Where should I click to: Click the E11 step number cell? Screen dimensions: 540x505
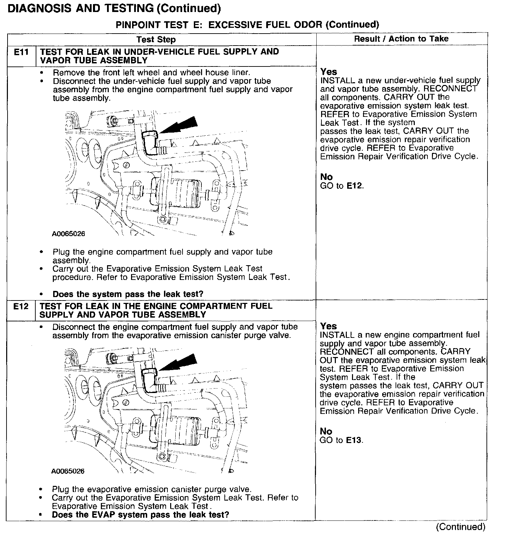point(21,52)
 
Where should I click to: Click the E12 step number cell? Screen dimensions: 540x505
point(21,306)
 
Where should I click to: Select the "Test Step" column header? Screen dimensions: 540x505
point(156,39)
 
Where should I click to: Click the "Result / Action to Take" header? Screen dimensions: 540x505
point(401,39)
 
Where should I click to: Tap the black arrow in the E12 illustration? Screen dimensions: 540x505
point(179,363)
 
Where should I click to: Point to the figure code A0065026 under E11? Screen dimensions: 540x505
point(69,234)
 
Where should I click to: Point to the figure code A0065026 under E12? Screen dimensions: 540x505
point(68,471)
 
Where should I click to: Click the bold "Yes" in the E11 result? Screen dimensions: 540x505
point(329,72)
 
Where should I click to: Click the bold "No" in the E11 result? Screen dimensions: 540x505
point(326,177)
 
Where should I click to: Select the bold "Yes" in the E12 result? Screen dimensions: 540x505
point(328,326)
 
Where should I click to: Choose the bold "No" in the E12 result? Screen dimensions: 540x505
point(326,431)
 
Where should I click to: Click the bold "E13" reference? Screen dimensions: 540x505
point(354,440)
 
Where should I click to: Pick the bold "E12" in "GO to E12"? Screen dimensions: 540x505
point(354,186)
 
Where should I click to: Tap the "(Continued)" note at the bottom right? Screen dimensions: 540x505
point(460,527)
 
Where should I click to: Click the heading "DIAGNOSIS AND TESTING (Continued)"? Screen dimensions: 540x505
point(114,8)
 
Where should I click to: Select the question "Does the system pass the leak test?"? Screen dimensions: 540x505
point(128,294)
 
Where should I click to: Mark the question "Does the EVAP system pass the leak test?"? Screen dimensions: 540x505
point(140,515)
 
